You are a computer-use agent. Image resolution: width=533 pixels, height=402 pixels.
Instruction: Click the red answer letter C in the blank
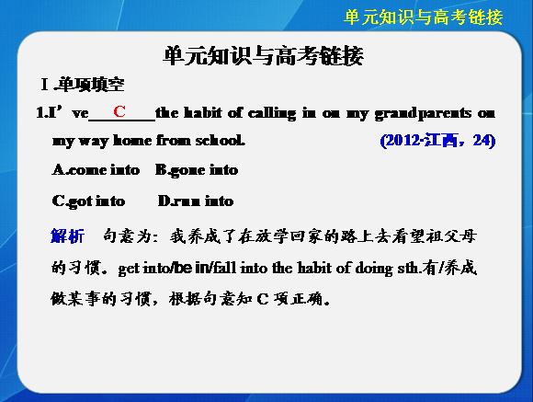(x=119, y=111)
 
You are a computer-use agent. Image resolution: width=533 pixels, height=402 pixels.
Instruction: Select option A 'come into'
(x=96, y=169)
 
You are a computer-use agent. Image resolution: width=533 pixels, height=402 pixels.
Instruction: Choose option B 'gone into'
(x=197, y=170)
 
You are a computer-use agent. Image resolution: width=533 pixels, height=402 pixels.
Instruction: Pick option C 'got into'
(x=88, y=201)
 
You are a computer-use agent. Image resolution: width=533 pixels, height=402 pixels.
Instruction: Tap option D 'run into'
(x=196, y=201)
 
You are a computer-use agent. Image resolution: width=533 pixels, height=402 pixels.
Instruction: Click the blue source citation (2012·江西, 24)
(x=437, y=140)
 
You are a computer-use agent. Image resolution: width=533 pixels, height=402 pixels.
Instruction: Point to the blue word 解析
(x=67, y=235)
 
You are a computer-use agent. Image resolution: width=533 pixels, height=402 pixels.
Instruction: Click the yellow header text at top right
(x=424, y=17)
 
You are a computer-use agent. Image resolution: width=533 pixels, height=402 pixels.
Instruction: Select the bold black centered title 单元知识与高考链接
(x=264, y=56)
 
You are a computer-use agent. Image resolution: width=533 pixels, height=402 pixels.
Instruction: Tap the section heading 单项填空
(x=91, y=85)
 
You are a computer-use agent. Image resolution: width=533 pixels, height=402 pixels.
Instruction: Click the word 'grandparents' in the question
(x=423, y=113)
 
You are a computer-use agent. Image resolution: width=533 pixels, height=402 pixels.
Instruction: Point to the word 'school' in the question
(x=220, y=140)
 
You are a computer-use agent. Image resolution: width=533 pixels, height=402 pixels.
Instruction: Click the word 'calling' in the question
(x=272, y=113)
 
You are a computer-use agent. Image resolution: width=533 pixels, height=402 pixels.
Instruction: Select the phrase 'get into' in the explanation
(x=143, y=269)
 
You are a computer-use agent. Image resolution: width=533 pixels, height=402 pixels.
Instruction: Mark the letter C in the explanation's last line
(x=263, y=299)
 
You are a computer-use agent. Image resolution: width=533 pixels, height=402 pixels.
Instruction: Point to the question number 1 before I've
(x=40, y=112)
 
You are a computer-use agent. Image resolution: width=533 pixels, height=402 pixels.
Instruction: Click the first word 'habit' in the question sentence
(x=203, y=112)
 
